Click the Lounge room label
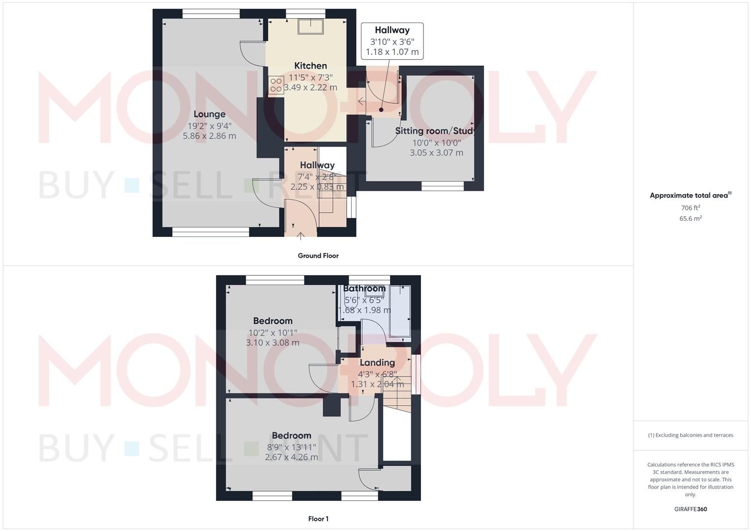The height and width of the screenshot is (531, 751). click(209, 114)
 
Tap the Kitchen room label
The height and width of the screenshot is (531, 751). click(310, 65)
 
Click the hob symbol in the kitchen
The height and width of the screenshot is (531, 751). click(276, 86)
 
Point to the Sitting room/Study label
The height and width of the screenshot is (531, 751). click(435, 131)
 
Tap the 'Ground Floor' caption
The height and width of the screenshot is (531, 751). click(318, 256)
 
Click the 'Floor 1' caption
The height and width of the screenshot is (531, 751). click(318, 519)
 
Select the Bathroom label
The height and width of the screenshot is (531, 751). click(364, 289)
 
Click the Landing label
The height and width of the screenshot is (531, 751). click(377, 362)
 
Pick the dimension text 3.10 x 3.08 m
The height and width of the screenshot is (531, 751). click(272, 343)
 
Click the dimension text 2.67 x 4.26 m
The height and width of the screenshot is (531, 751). click(291, 457)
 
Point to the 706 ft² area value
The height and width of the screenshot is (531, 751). click(691, 208)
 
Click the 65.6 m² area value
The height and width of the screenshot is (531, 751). click(691, 219)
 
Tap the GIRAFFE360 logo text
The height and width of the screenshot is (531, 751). click(691, 509)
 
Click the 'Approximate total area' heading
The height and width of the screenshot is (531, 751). click(689, 196)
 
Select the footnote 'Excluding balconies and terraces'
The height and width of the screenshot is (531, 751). click(691, 435)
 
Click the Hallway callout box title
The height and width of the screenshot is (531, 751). click(392, 30)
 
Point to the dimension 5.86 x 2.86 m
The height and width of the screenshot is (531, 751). click(209, 136)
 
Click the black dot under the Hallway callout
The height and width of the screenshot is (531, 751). click(381, 110)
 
